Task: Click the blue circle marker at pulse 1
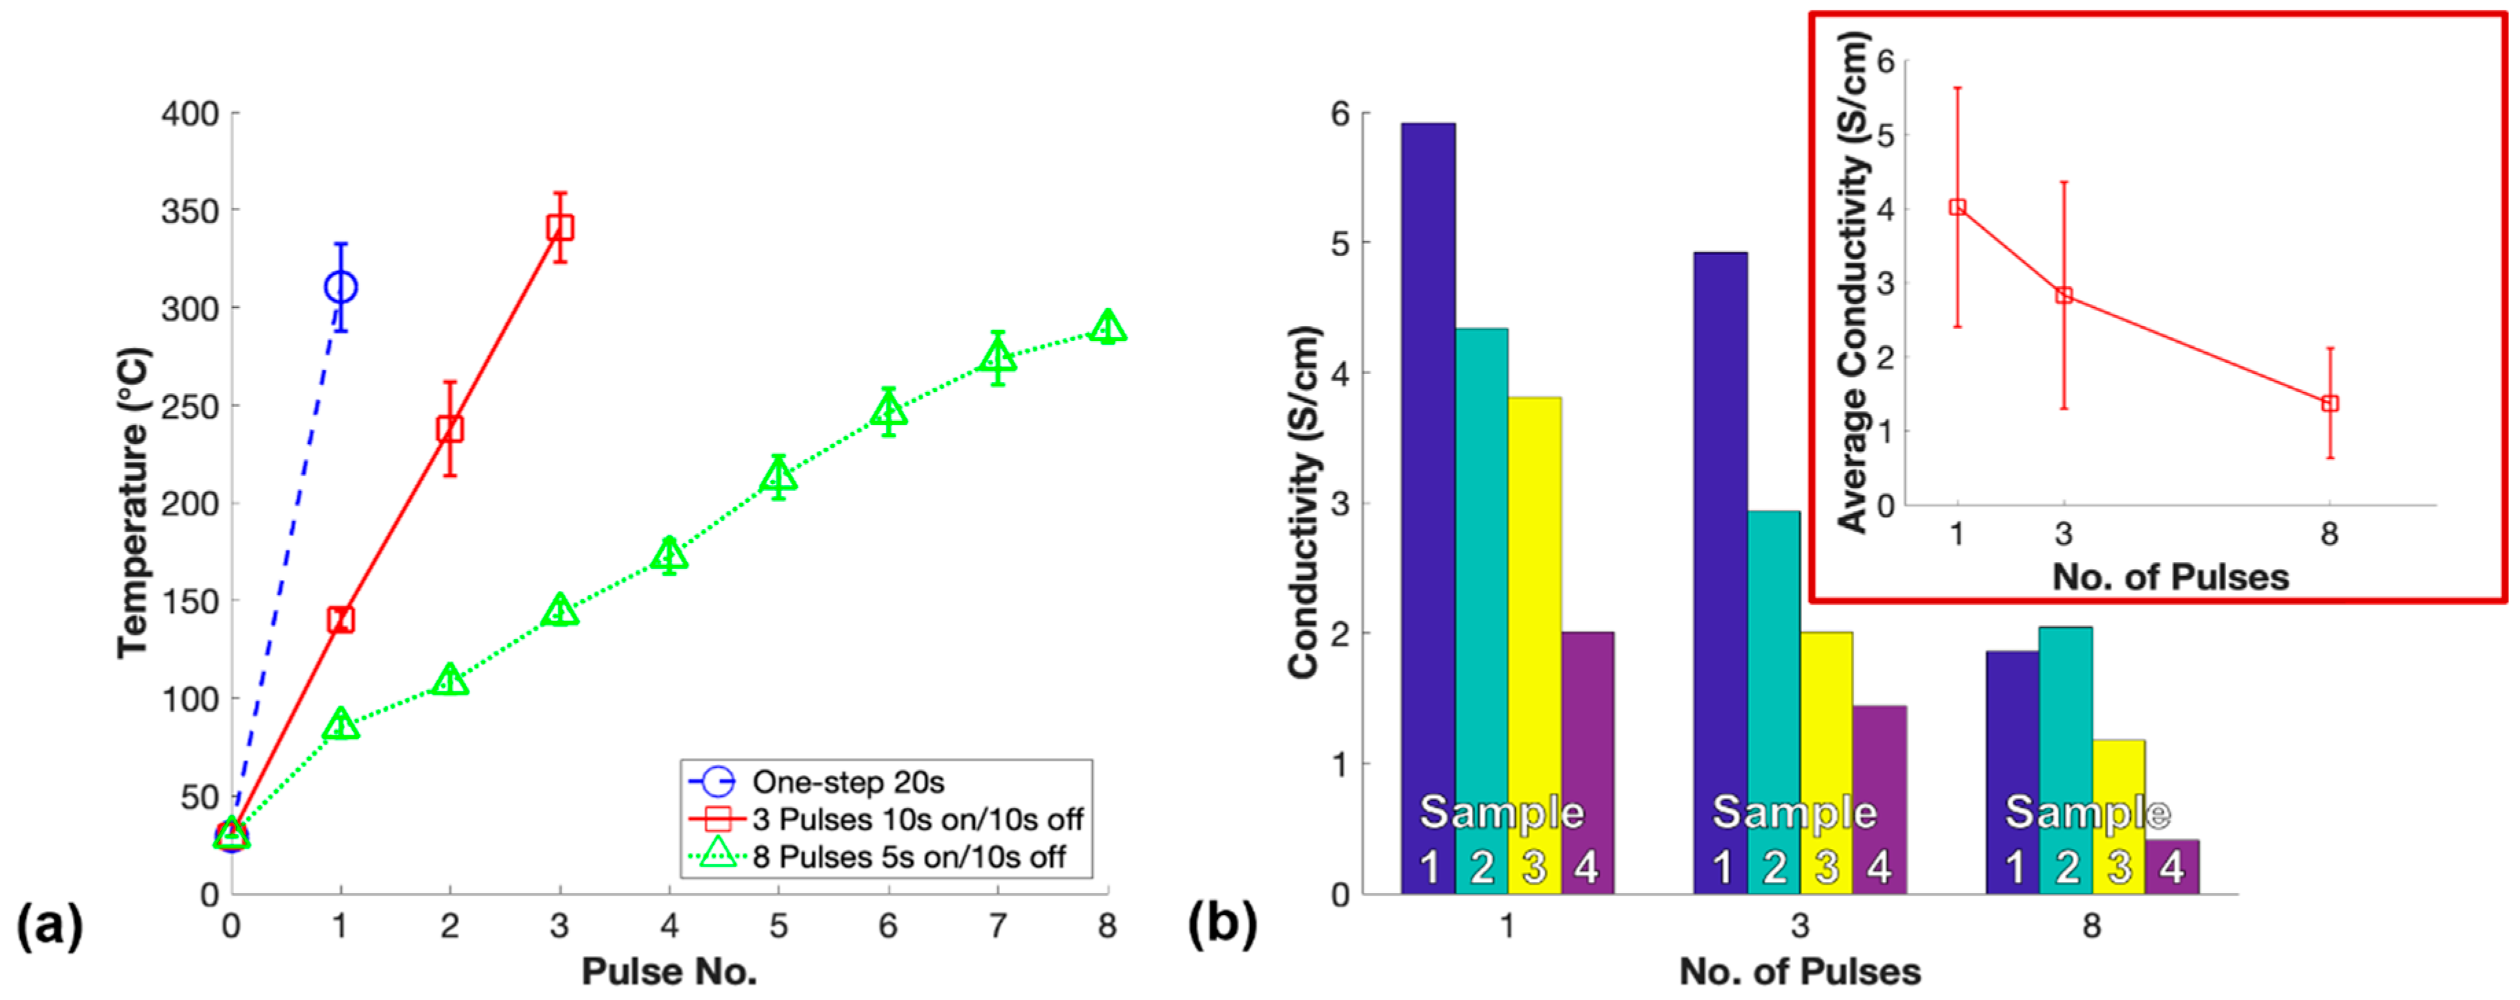pos(340,288)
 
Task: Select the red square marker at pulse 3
pos(559,228)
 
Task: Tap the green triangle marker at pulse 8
pos(1107,327)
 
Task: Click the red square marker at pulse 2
pos(450,428)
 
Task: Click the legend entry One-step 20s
pos(847,782)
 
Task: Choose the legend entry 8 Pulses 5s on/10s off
pos(908,857)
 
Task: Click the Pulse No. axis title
pos(669,972)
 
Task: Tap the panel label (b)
pos(1222,925)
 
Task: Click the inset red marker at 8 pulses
pos(2331,403)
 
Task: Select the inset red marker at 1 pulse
pos(1958,207)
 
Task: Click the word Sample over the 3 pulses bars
pos(1794,812)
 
